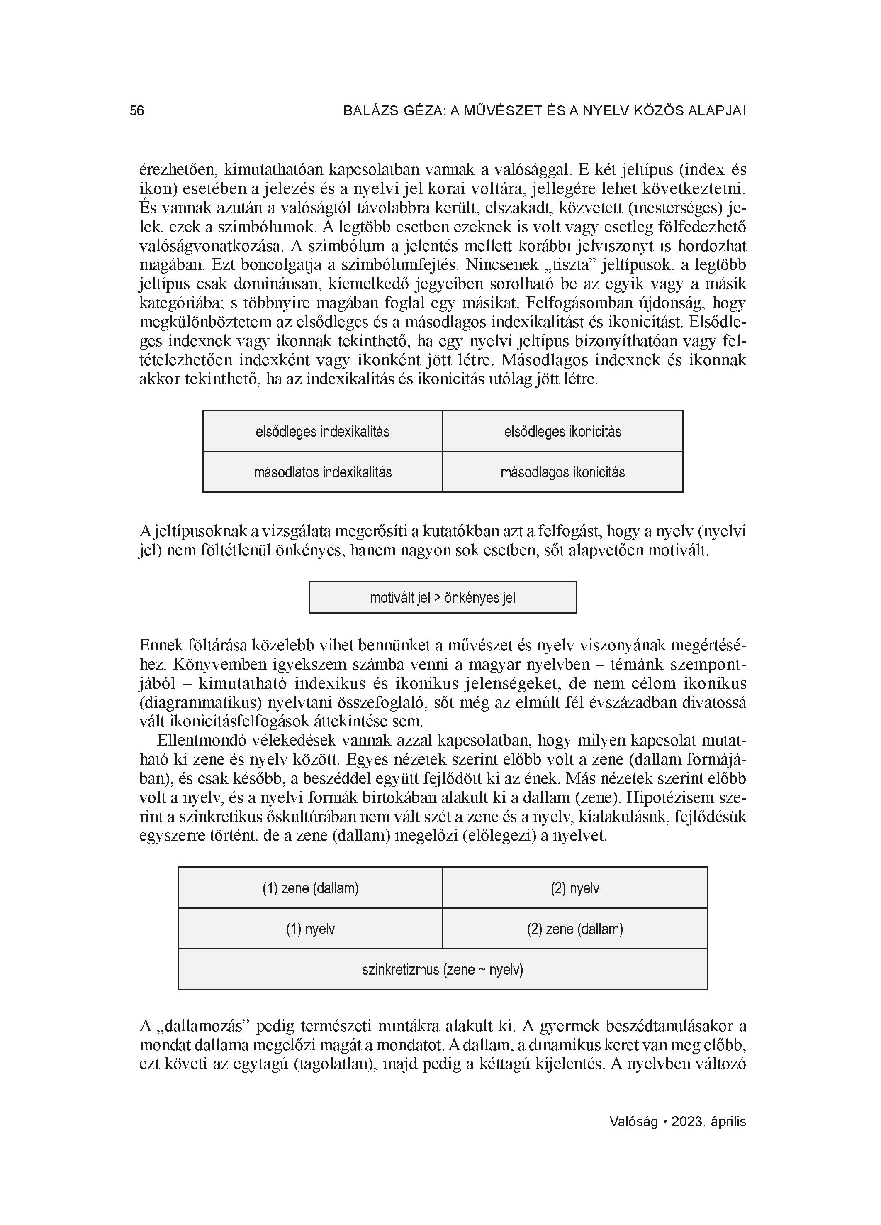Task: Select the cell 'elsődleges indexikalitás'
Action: click(322, 432)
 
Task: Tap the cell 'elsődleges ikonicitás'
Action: click(562, 432)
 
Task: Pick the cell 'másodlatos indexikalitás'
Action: click(322, 472)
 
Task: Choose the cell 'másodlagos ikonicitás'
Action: click(562, 472)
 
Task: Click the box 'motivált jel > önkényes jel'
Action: click(442, 597)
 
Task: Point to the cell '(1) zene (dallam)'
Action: click(310, 888)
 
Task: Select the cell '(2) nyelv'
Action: click(574, 888)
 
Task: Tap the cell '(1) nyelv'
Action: click(310, 929)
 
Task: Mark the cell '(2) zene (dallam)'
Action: click(574, 929)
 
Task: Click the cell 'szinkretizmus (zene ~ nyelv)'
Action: click(442, 970)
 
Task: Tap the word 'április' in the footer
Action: click(728, 1122)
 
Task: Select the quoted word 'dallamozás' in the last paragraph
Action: click(205, 1026)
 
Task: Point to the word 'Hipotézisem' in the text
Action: click(670, 798)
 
